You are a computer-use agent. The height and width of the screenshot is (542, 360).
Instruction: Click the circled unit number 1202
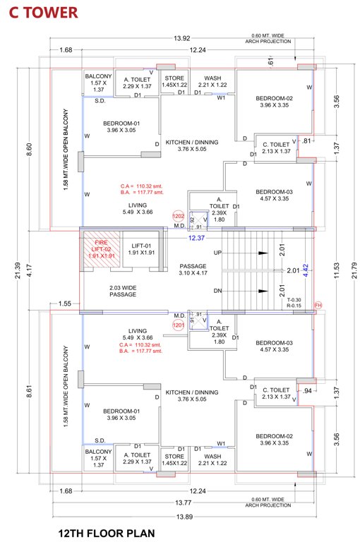[179, 217]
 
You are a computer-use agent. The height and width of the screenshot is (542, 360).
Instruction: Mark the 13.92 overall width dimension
[182, 37]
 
